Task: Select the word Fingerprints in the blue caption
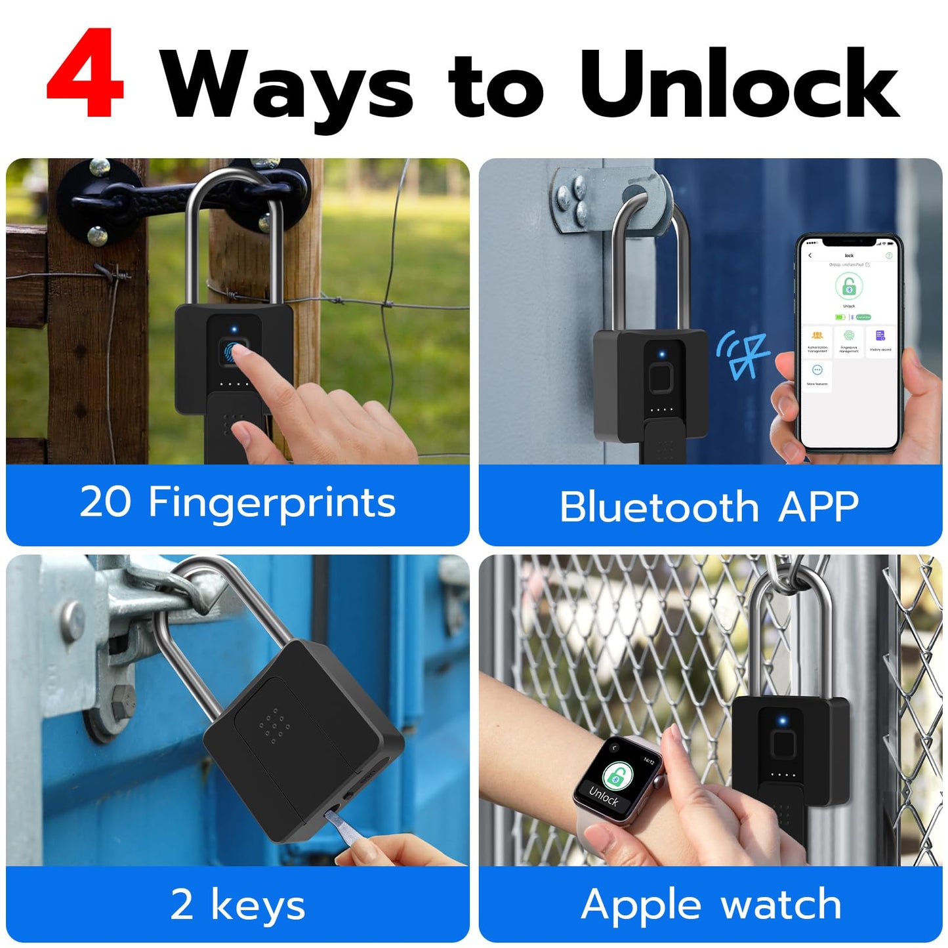point(272,504)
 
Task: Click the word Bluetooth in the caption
point(659,507)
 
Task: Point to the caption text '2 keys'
point(237,905)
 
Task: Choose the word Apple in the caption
point(641,906)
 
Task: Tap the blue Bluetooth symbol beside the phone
point(744,355)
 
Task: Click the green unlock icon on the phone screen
point(848,287)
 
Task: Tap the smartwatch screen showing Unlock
point(617,781)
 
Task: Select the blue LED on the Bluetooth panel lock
point(661,355)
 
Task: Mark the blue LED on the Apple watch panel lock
point(782,722)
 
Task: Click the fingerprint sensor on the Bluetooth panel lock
point(661,380)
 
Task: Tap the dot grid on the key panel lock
point(275,724)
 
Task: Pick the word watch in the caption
point(781,905)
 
